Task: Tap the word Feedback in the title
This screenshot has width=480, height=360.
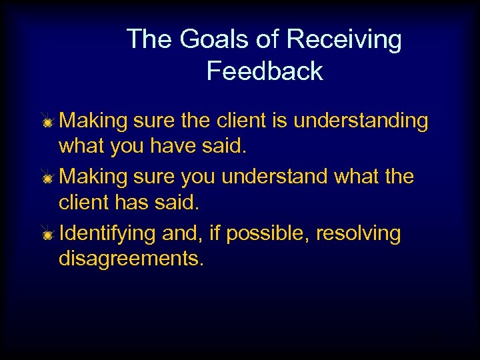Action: pyautogui.click(x=265, y=71)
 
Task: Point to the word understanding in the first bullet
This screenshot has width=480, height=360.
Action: pyautogui.click(x=361, y=121)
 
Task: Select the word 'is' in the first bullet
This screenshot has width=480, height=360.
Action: pyautogui.click(x=281, y=121)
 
